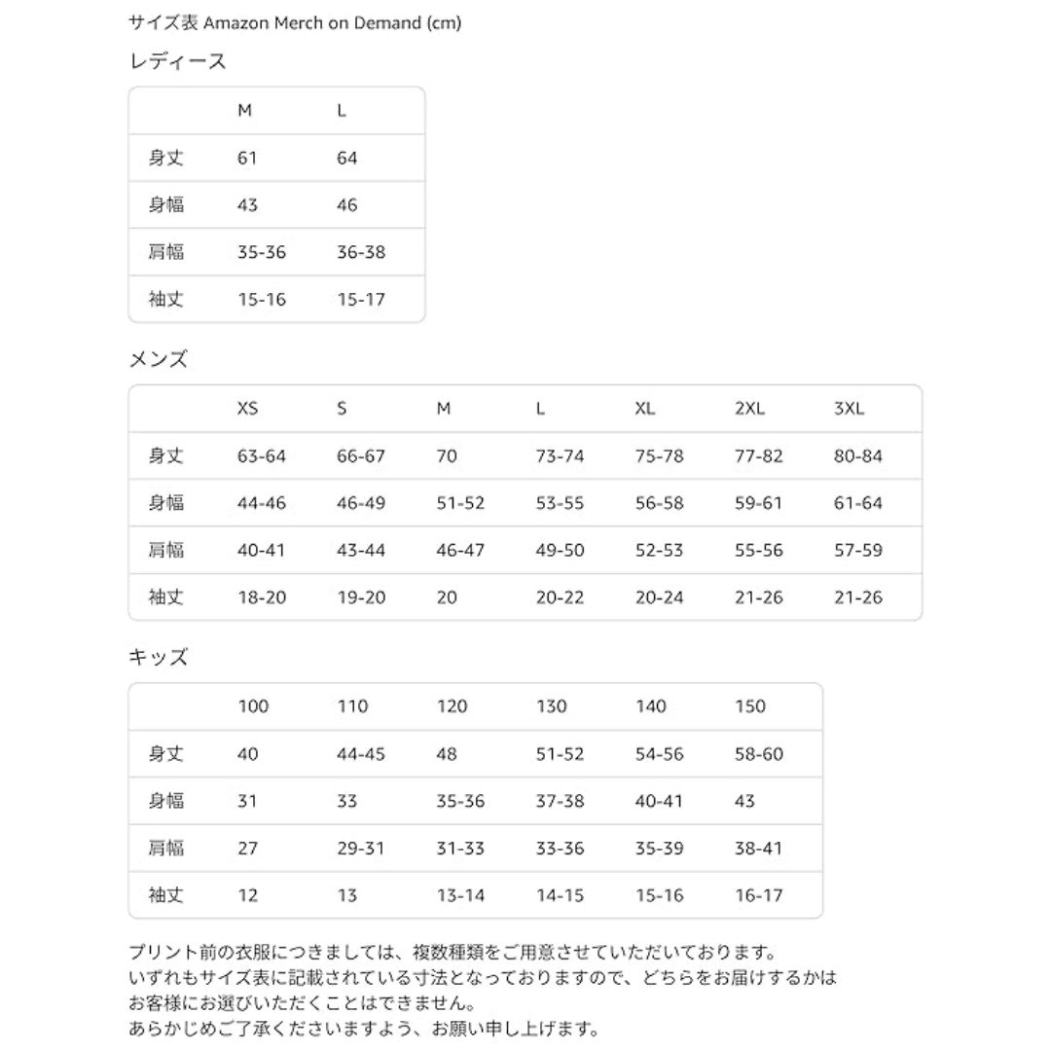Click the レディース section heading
pos(178,61)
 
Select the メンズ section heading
pos(159,359)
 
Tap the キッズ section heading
pos(159,657)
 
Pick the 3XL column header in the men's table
pos(850,409)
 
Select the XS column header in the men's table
pos(248,409)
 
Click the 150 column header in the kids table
pos(750,707)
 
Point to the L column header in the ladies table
pos(342,111)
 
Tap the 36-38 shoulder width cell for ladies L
pos(361,252)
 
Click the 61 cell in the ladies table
pos(247,158)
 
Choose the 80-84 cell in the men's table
pos(858,455)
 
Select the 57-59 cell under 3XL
pos(858,550)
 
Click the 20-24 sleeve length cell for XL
pos(660,598)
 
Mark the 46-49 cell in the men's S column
pos(361,503)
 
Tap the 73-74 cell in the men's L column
pos(561,455)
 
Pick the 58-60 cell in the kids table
pos(759,754)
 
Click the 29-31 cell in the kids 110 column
pos(361,849)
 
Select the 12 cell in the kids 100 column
pos(248,895)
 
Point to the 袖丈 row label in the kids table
pos(165,895)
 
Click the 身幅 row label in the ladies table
pos(165,205)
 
